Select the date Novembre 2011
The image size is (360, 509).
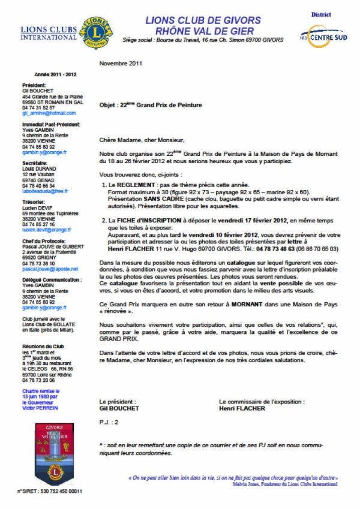click(x=121, y=63)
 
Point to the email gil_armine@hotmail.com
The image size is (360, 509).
click(x=49, y=113)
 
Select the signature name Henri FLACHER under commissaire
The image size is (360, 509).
click(x=242, y=408)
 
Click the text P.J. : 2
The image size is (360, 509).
click(x=109, y=422)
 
